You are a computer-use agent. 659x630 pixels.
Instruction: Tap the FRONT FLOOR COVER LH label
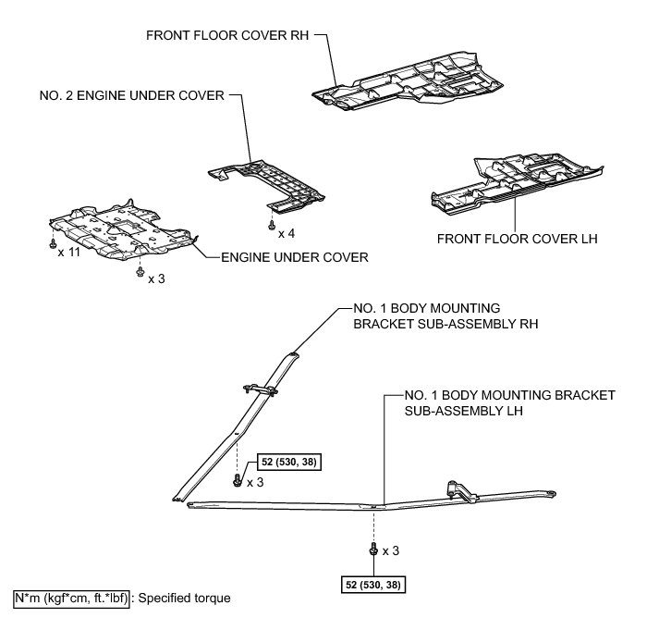coord(518,239)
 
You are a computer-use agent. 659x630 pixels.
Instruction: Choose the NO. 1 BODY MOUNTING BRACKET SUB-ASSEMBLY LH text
coord(509,402)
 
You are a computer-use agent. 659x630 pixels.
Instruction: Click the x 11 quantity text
coord(68,253)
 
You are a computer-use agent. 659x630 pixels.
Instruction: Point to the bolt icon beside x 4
coord(271,225)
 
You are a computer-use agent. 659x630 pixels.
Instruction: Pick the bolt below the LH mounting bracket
coord(373,551)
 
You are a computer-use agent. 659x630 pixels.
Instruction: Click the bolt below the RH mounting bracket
coord(239,480)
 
